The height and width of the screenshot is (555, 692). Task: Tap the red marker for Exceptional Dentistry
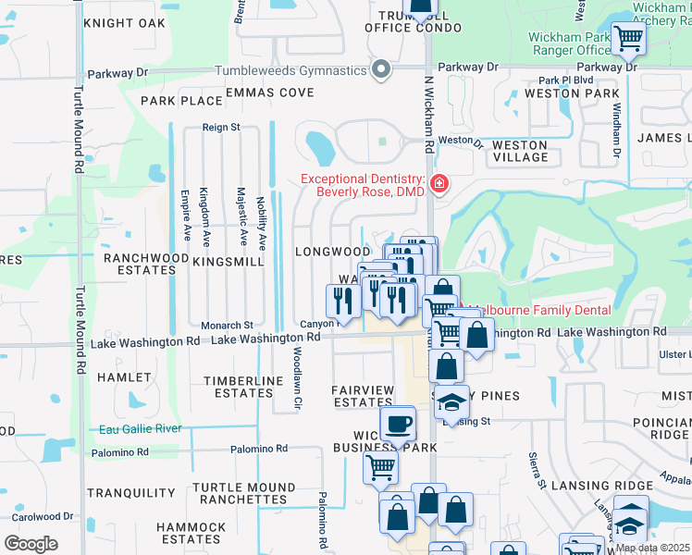439,184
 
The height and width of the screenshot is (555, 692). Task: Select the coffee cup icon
398,425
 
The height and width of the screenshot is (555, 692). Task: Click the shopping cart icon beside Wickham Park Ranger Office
628,38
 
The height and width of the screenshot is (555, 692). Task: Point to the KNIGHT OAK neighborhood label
117,23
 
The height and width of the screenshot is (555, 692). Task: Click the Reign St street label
222,127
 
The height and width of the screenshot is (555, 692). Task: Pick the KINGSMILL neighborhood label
229,263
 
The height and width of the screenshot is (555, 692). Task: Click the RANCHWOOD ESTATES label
139,264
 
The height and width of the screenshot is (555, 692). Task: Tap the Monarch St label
228,326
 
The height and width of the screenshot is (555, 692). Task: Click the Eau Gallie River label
139,429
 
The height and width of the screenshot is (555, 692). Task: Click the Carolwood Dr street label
43,516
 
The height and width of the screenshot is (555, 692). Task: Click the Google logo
31,543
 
